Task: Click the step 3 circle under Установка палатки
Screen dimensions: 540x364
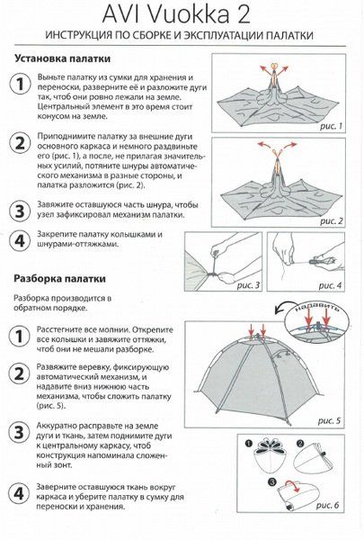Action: (x=19, y=211)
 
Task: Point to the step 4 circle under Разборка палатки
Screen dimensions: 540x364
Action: (x=19, y=493)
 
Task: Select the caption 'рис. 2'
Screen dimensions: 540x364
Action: (x=330, y=220)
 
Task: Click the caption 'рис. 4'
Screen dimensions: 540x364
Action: (x=330, y=285)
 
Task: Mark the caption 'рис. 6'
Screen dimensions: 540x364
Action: (x=330, y=507)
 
